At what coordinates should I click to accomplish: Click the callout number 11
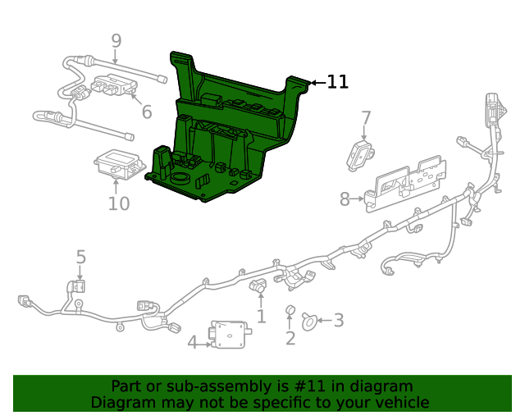tap(338, 82)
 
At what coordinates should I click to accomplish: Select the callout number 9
tap(116, 40)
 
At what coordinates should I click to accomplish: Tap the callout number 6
tap(146, 112)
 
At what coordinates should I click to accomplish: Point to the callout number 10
tap(119, 203)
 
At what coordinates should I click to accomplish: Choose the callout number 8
tap(345, 199)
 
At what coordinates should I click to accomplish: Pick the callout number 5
tap(80, 258)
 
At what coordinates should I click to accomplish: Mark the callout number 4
tap(192, 342)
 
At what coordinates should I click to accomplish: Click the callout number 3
tap(338, 322)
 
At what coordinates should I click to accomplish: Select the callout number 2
tap(290, 338)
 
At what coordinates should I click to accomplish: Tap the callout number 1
tap(261, 317)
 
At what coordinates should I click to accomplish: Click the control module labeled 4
tap(231, 334)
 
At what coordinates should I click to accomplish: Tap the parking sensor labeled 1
tap(258, 286)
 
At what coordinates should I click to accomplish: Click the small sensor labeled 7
tap(362, 152)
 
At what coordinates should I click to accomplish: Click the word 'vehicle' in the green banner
tap(399, 402)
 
